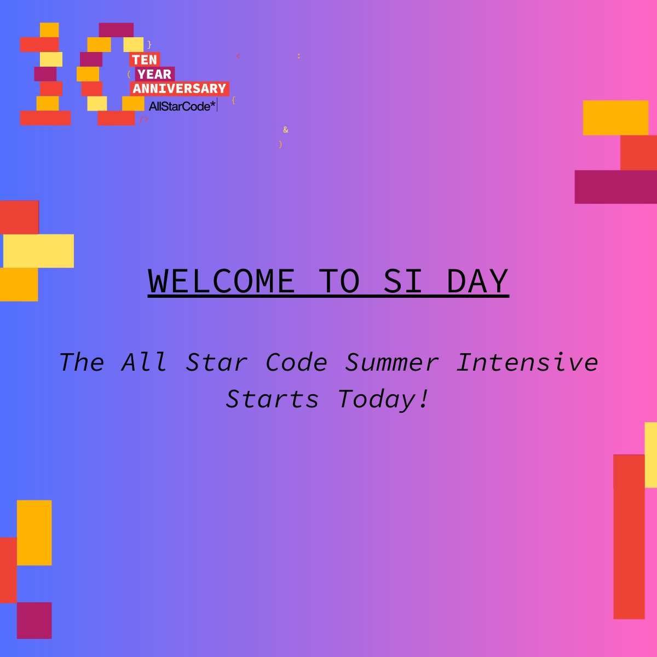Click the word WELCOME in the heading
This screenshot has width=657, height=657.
point(222,281)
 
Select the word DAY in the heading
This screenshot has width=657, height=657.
point(477,281)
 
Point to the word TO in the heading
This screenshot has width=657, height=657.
point(339,281)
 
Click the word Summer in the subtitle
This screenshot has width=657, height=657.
point(391,362)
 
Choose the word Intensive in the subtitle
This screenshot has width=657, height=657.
point(527,362)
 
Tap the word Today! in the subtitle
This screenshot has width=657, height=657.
point(383,399)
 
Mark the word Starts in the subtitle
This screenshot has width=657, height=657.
point(272,399)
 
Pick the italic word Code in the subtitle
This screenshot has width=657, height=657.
point(297,362)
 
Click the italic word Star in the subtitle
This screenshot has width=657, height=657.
point(217,362)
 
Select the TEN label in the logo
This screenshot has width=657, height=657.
point(145,60)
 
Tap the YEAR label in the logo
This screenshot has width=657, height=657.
point(154,74)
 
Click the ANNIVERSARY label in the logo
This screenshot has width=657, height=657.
point(180,88)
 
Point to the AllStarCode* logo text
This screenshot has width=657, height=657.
point(182,106)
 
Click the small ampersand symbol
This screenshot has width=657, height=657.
point(285,130)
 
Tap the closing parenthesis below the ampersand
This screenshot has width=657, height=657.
point(280,145)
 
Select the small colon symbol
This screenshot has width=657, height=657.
point(298,56)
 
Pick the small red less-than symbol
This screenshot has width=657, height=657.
point(238,56)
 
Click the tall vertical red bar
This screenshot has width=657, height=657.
point(629,537)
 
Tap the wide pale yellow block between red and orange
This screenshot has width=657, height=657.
point(38,251)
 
